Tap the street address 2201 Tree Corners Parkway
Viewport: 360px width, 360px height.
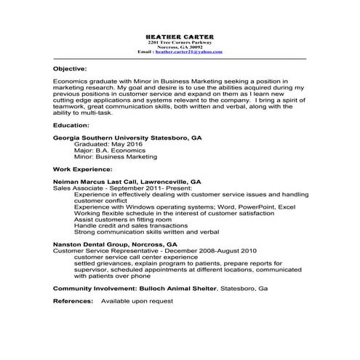point(180,41)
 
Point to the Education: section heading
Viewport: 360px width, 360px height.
point(71,125)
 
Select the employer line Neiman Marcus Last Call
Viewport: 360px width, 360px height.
point(127,182)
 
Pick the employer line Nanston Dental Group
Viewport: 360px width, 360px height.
point(115,245)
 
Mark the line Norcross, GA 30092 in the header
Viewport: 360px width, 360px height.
point(180,47)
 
